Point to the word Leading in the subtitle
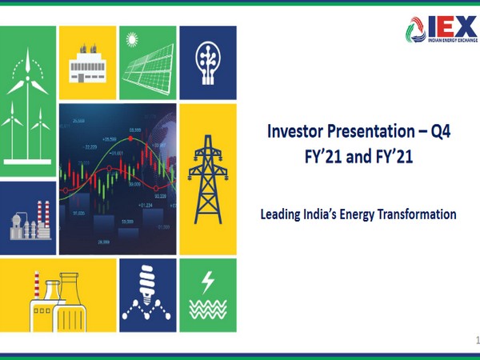click(282, 214)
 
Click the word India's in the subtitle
click(324, 214)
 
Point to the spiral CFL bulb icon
click(146, 284)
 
